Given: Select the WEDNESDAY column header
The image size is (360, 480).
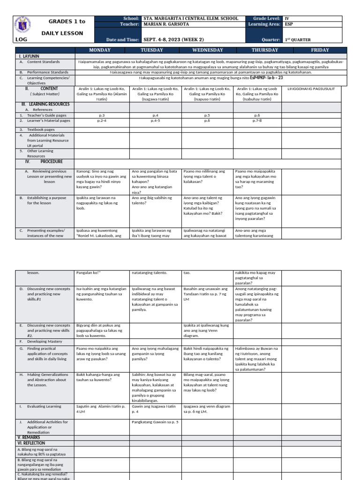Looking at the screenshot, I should (208, 50).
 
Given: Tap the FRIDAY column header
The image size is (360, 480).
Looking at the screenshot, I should (320, 50).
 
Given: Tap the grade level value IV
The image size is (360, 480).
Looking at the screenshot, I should (287, 18).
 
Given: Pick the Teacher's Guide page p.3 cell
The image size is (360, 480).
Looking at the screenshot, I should (102, 115).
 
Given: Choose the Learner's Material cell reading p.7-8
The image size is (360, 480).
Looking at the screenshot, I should (257, 120).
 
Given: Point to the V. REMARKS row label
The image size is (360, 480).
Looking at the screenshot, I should (29, 437).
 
